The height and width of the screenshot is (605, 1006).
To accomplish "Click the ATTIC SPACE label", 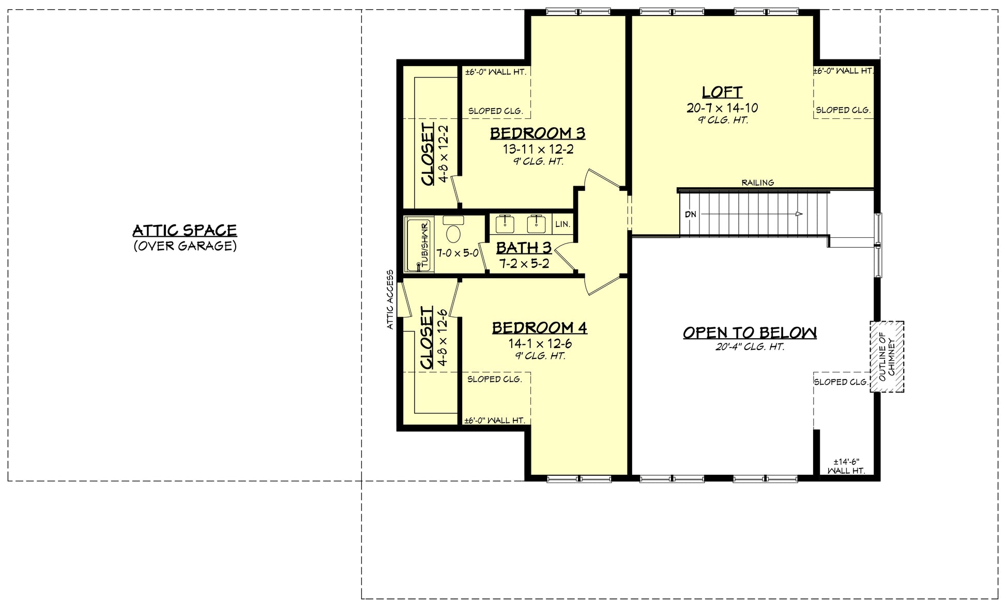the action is [x=185, y=230].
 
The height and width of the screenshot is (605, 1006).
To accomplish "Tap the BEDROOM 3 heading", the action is [x=538, y=133].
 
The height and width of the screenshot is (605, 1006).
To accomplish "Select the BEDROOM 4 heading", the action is [x=539, y=328].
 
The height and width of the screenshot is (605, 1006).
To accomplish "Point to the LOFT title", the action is [x=722, y=92].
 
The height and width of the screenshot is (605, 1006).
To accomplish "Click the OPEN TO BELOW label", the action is [x=750, y=332].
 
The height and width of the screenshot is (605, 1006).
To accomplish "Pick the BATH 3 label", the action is [x=524, y=248].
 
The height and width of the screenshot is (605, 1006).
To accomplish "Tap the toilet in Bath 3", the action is [x=453, y=232].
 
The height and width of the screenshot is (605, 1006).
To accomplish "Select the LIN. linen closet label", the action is [x=563, y=224].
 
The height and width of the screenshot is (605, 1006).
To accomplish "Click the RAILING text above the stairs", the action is [x=758, y=183].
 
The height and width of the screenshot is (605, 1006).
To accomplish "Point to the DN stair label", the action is [x=691, y=214].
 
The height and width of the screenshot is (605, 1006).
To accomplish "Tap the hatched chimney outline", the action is [x=887, y=357].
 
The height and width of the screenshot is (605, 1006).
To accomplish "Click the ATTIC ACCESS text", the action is [x=390, y=299].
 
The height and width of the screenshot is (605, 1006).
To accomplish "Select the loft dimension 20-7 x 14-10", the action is [x=722, y=108].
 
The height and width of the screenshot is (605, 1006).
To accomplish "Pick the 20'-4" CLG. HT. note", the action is [x=750, y=347].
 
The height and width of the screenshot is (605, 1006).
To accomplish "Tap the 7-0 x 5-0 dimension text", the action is [x=457, y=253].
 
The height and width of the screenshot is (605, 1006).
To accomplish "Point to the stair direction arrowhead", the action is [x=799, y=214].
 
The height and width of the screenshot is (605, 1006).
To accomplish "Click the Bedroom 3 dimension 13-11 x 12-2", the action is [x=538, y=149].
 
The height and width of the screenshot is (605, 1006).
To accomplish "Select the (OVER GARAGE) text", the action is [x=185, y=246].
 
